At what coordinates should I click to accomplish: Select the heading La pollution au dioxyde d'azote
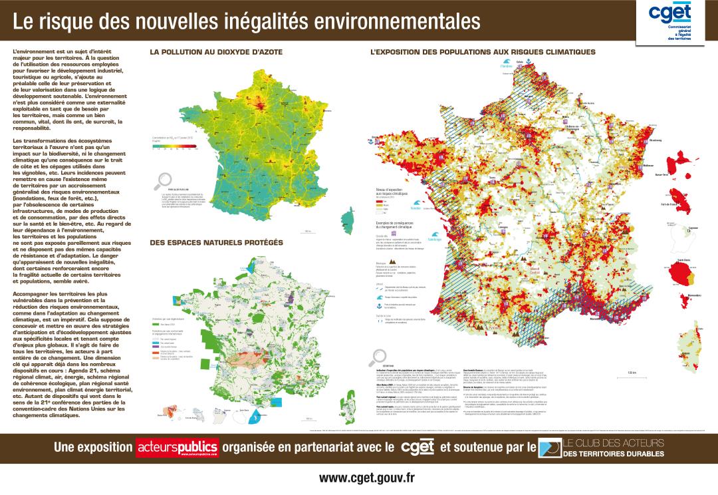coord(217,52)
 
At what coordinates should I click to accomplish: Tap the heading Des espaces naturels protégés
coord(217,242)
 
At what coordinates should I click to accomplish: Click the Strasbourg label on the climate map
coord(656,141)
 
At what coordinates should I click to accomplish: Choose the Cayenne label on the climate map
coord(693,228)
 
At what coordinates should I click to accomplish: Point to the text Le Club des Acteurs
coord(612,443)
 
